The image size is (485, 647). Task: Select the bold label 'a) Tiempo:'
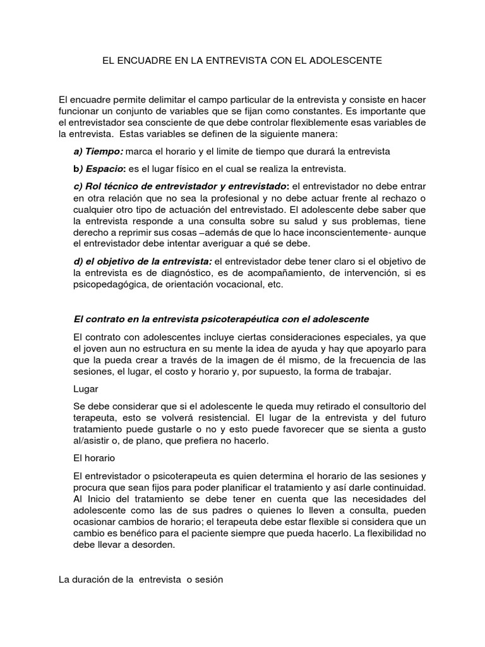99,152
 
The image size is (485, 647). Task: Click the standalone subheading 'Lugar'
86,389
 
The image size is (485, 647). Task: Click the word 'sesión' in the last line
209,579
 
